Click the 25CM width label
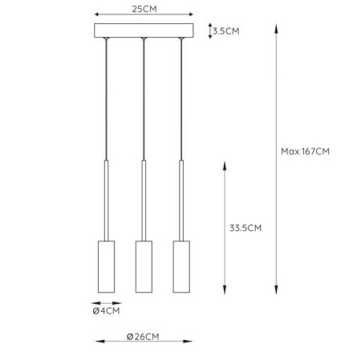(x=144, y=8)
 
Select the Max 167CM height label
(x=306, y=151)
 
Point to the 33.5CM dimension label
(x=245, y=228)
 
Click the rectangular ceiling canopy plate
(x=144, y=31)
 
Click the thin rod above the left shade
(x=106, y=199)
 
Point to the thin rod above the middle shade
(x=144, y=199)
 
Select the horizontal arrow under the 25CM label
(x=144, y=15)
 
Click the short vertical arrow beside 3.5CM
(x=210, y=31)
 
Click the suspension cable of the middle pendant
(x=144, y=96)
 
